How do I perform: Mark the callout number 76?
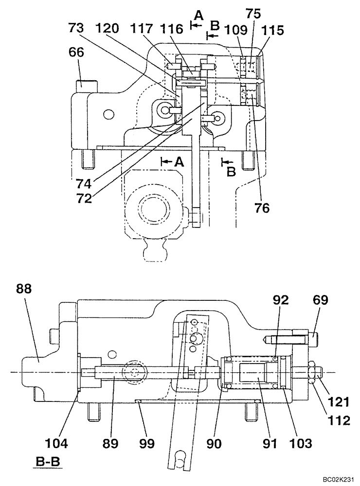pyautogui.click(x=261, y=208)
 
